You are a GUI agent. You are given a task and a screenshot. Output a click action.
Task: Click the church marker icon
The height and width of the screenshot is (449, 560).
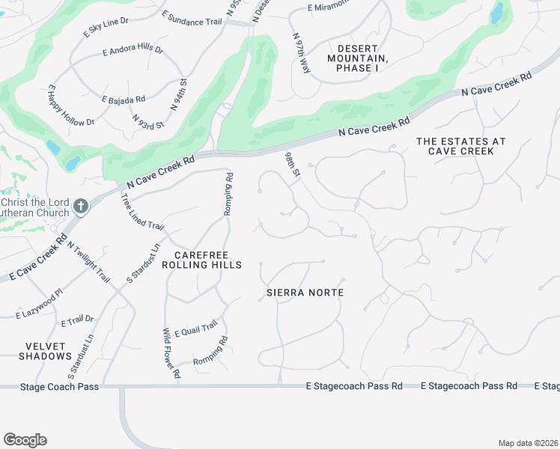(81, 205)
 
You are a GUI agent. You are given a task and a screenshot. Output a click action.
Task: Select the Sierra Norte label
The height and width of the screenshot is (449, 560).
(305, 293)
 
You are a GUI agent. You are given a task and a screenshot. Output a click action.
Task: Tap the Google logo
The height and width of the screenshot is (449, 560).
(25, 440)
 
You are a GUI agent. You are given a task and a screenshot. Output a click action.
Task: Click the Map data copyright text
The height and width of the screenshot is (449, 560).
(528, 443)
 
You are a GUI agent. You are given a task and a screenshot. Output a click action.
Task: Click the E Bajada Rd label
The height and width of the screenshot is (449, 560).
(124, 98)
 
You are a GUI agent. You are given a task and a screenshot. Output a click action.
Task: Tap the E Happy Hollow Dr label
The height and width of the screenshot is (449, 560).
(72, 106)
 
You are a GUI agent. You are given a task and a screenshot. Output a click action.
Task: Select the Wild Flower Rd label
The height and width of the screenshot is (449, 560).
(171, 352)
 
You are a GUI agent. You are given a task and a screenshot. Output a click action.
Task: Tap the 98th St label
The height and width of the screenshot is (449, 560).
(292, 164)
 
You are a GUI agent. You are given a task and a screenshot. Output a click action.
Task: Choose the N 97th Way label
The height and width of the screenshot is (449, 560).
(302, 52)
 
